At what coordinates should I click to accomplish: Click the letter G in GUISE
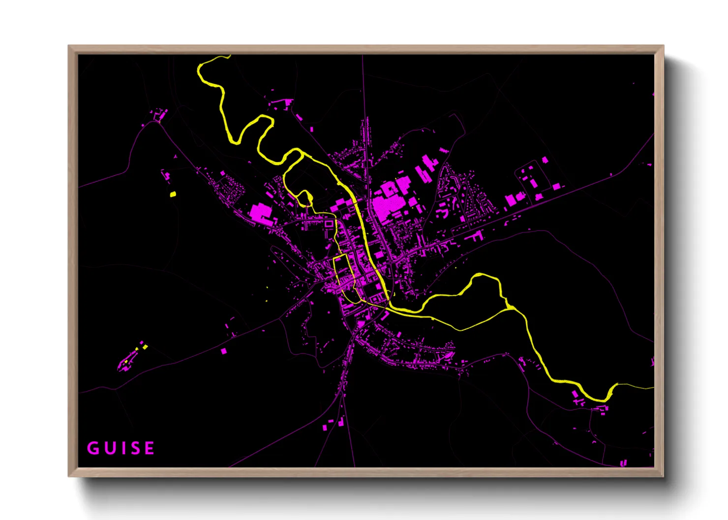point(93,448)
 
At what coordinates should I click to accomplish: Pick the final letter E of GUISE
point(149,448)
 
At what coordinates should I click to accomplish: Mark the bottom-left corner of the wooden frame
point(69,475)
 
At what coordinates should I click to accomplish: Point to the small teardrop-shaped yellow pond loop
point(305,198)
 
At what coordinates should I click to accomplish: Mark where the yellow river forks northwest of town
point(301,153)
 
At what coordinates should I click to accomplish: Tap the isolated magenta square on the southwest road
point(224,351)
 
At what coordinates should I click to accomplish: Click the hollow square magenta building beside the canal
point(328,224)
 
